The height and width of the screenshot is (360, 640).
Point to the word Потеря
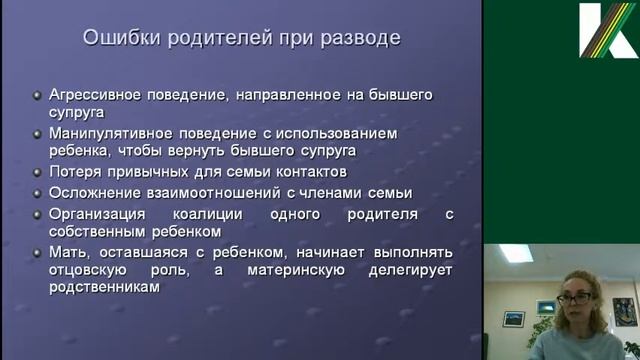point(75,172)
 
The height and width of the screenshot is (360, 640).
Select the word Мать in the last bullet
point(69,251)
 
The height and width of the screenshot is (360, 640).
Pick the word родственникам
point(105,288)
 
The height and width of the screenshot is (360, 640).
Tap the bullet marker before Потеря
point(37,173)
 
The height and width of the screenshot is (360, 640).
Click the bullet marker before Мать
point(37,252)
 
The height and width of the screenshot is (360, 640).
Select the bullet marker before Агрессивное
point(37,96)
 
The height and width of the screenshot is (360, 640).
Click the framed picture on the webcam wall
point(514,319)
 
